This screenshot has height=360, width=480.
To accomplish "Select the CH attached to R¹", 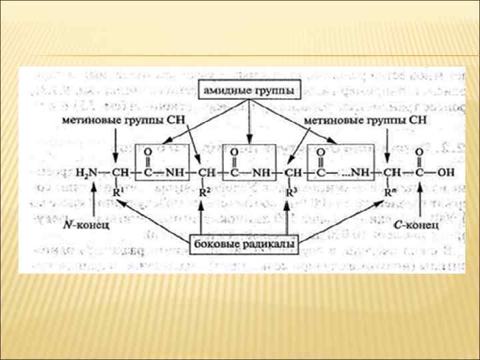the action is point(120,173).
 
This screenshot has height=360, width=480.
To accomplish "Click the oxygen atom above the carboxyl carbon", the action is point(418,153).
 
